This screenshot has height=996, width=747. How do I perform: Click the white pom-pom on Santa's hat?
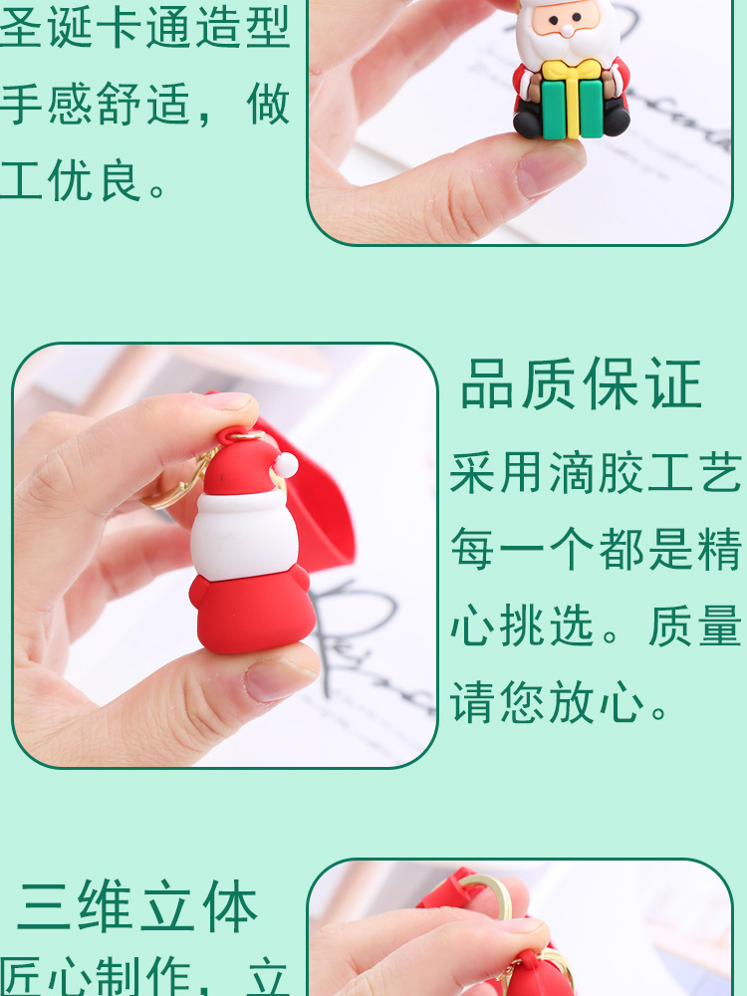286,464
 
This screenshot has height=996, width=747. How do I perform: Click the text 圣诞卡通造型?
145,28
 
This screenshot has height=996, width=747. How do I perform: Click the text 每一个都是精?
597,550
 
